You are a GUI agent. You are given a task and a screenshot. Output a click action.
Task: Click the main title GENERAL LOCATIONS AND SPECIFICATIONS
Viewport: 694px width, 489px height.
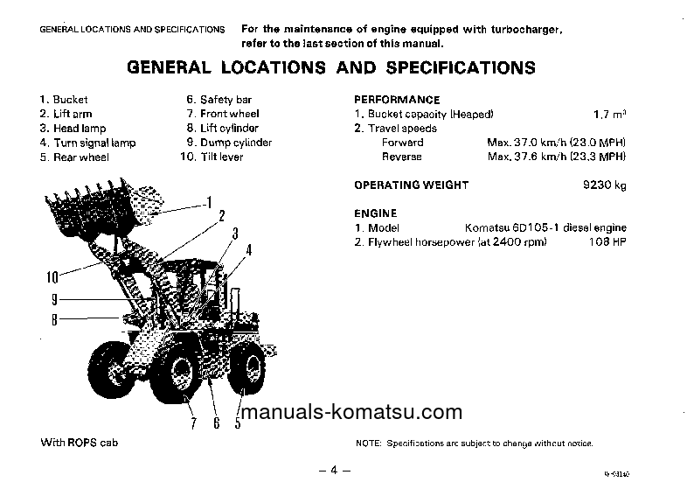click(331, 67)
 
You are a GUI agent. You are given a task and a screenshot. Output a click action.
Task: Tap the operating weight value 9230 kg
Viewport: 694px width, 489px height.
click(605, 185)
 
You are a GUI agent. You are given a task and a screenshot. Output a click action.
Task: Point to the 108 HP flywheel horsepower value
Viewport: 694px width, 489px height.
click(608, 241)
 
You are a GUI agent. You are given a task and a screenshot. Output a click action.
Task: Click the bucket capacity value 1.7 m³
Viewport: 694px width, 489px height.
click(610, 114)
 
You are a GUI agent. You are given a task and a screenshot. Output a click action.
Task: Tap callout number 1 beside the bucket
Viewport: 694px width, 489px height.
click(208, 203)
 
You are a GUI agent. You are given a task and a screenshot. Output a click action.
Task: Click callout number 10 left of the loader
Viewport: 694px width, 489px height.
click(52, 278)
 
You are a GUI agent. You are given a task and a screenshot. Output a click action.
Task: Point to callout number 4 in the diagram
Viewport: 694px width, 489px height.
click(248, 249)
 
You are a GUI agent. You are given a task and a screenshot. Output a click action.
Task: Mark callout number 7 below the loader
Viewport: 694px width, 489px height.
click(193, 425)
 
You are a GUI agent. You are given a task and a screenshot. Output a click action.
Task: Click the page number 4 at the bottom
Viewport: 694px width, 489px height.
click(333, 470)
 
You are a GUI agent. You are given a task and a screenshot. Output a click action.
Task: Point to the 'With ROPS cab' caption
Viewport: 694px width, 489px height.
click(79, 443)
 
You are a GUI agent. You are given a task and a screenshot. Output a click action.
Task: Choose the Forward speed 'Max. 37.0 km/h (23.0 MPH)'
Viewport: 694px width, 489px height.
click(556, 143)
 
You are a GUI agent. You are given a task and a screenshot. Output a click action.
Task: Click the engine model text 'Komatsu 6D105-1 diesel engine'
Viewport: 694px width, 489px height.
click(545, 227)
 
